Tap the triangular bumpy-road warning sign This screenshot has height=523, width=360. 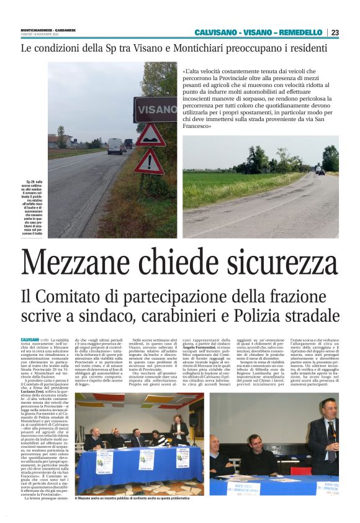(x=150, y=135)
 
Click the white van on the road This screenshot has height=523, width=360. (x=115, y=146)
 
